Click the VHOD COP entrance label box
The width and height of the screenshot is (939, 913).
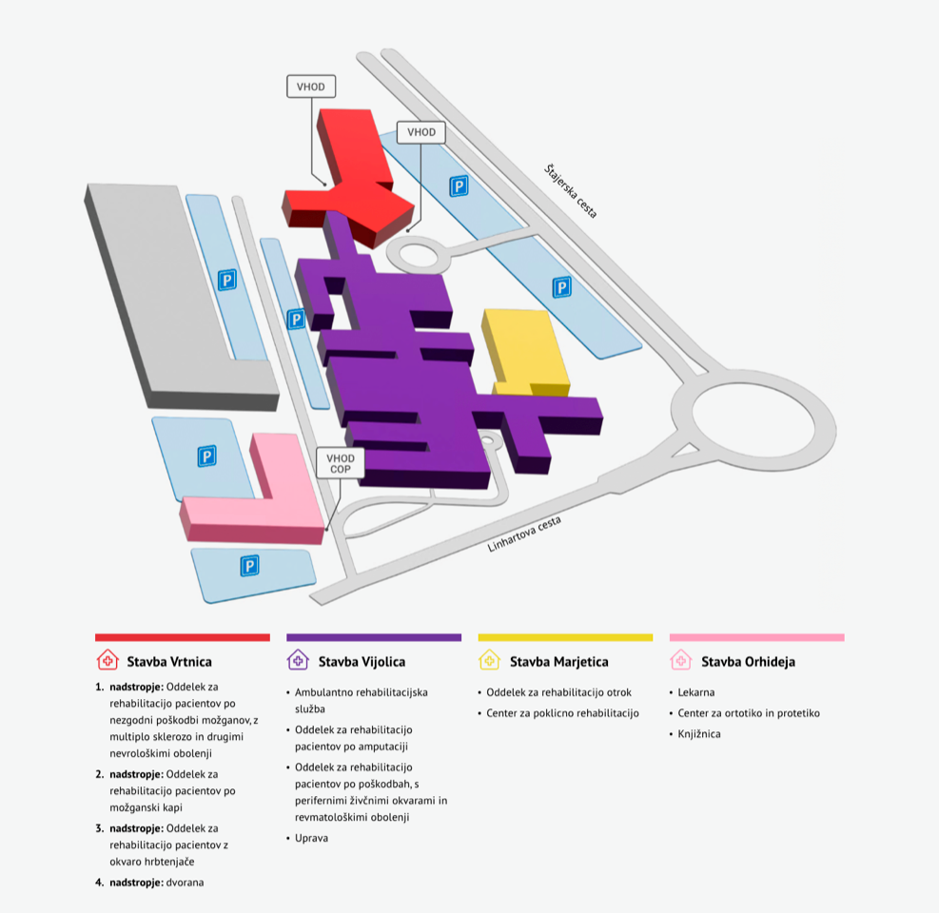[x=341, y=463]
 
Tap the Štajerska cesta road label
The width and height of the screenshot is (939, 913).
[x=571, y=190]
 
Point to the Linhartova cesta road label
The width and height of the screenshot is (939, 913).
[x=524, y=534]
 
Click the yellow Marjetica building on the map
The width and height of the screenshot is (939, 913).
[x=526, y=352]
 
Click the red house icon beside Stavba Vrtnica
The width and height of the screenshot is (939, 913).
[x=108, y=660]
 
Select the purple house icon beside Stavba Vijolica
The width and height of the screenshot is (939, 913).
[x=298, y=660]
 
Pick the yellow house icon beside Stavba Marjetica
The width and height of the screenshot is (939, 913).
[x=489, y=660]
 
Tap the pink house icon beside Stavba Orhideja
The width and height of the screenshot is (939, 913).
[x=681, y=660]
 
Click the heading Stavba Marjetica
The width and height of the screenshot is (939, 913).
[x=558, y=662]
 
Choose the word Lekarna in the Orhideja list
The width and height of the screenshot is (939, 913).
[x=695, y=692]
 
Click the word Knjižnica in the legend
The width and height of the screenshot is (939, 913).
[x=699, y=734]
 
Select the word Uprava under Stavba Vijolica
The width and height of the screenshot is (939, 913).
[x=311, y=838]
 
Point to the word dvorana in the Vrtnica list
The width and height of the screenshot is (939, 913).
[x=186, y=883]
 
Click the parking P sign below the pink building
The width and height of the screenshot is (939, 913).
[x=249, y=566]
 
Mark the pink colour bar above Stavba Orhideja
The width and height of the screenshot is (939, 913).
[x=757, y=637]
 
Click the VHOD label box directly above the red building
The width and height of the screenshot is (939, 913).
[x=311, y=87]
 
